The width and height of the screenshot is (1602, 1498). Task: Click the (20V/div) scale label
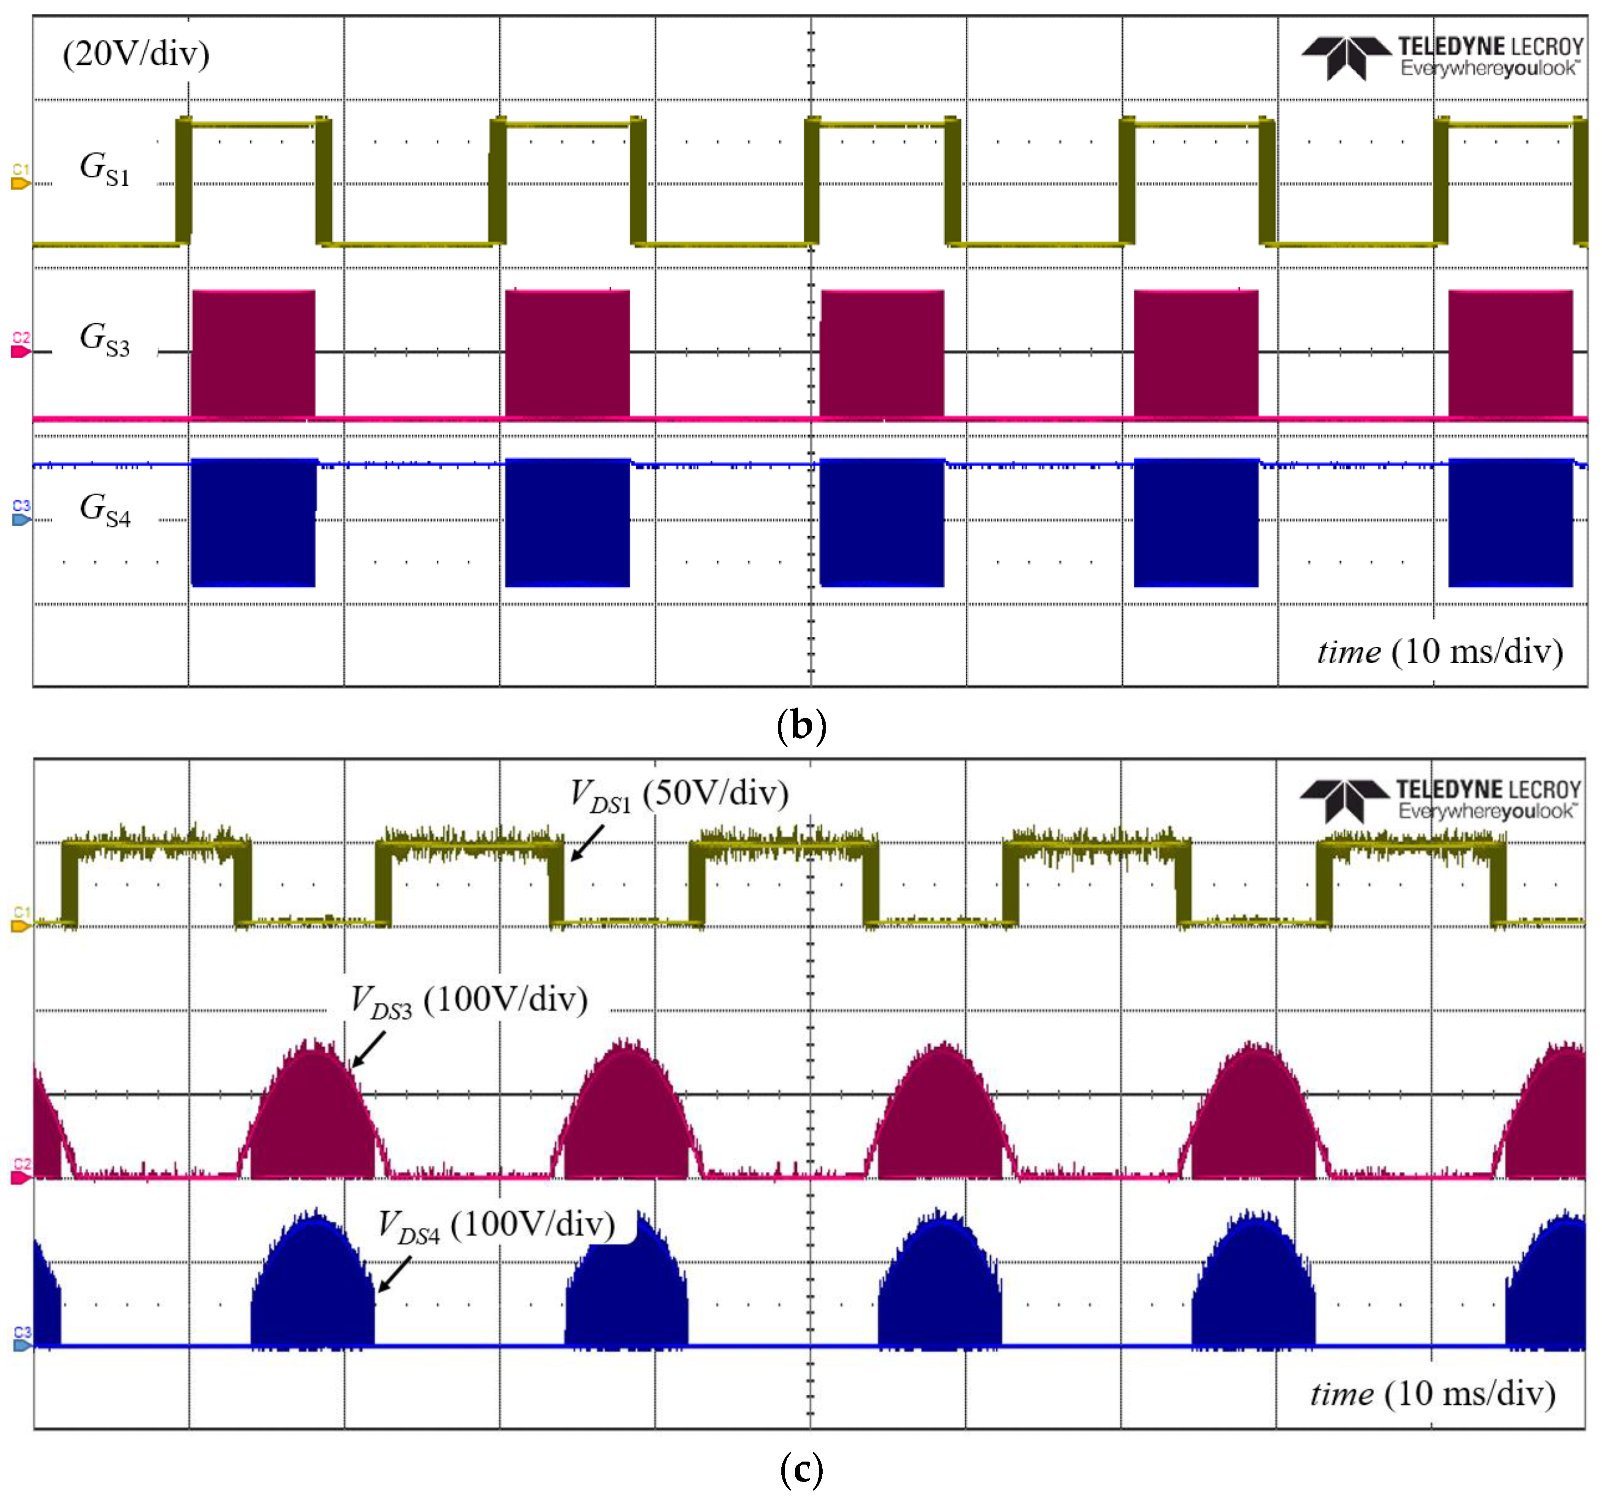click(x=136, y=53)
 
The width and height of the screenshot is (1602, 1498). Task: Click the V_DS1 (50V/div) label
click(x=679, y=794)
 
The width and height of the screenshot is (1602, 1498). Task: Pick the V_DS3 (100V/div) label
click(x=469, y=1001)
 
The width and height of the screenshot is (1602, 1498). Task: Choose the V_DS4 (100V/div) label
click(x=497, y=1226)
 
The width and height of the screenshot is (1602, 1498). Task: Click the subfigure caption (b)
click(x=801, y=725)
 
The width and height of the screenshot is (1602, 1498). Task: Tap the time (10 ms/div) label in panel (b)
click(x=1440, y=651)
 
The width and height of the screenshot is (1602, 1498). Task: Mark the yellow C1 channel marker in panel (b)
click(x=20, y=178)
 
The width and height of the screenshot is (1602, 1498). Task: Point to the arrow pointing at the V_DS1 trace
click(x=587, y=843)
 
